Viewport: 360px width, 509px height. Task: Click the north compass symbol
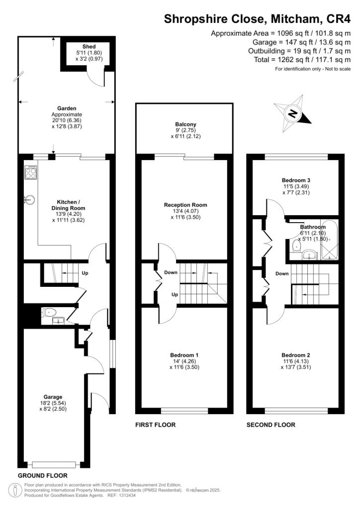coord(293,114)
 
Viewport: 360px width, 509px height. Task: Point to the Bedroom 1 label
coord(184,355)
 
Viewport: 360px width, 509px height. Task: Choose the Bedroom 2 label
coord(295,355)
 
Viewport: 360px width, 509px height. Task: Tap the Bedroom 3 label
coord(295,180)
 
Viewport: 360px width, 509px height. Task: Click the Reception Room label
coord(185,205)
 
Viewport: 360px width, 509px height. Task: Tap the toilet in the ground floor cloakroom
coord(48,313)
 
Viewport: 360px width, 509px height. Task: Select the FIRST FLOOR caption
coord(156,425)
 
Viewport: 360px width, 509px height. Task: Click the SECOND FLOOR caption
coord(271,425)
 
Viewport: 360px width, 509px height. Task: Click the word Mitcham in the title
coord(290,19)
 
